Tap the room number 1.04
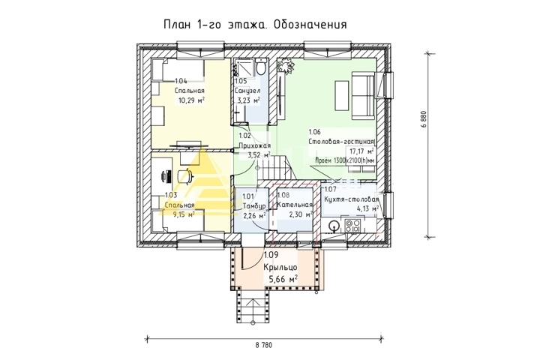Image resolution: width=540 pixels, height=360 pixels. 181,81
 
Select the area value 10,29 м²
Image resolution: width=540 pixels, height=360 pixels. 191,100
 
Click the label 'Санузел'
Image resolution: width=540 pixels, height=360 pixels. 247,91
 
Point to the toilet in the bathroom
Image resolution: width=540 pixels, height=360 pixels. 262,67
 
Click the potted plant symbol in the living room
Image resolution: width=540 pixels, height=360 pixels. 286,65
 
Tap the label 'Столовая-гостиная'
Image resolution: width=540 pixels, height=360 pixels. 341,142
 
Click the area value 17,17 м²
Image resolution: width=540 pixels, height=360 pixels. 361,151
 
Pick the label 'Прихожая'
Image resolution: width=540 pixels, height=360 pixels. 255,145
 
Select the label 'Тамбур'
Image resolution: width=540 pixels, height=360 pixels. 254,206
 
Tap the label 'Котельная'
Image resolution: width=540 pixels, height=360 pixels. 295,205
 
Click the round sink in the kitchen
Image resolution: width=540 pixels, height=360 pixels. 333,226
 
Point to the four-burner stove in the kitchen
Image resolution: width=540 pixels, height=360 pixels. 353,225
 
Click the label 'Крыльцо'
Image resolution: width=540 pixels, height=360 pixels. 280,268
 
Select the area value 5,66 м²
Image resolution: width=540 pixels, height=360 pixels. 282,279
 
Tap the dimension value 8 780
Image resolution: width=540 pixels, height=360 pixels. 263,345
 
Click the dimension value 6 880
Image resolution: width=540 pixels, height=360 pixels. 424,119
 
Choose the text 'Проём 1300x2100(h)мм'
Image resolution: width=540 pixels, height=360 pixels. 346,160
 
